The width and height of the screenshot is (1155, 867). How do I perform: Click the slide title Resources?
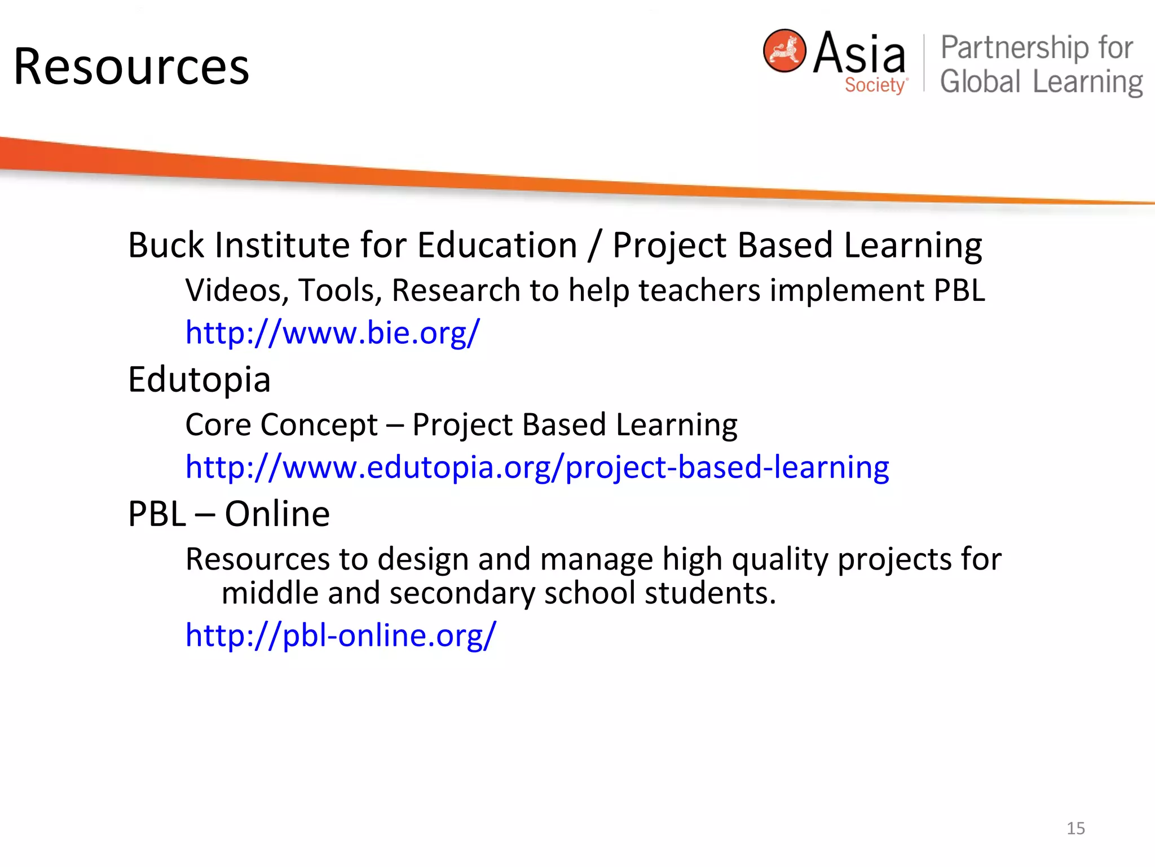click(x=131, y=67)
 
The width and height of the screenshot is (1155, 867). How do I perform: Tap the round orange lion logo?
click(x=784, y=51)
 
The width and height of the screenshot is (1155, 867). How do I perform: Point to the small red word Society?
click(x=875, y=85)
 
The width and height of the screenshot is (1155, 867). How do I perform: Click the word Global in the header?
click(x=980, y=81)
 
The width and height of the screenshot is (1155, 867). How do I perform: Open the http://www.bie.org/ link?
click(x=333, y=332)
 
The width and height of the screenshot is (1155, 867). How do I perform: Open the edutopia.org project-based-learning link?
click(x=537, y=467)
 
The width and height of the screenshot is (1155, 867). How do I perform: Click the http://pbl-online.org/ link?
click(x=341, y=636)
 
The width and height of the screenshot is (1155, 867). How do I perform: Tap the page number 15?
click(x=1075, y=828)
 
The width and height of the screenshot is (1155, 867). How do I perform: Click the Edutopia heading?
click(x=199, y=379)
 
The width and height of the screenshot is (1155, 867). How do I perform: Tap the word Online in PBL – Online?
click(x=277, y=514)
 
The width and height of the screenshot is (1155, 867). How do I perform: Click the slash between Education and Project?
click(x=594, y=246)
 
